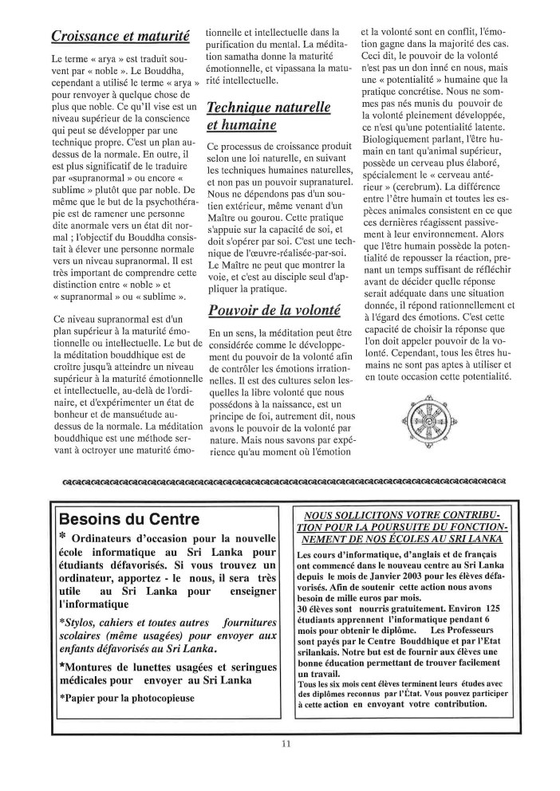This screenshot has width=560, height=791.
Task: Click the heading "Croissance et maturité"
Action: click(x=120, y=36)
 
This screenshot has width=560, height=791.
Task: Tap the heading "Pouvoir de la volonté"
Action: click(x=273, y=310)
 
